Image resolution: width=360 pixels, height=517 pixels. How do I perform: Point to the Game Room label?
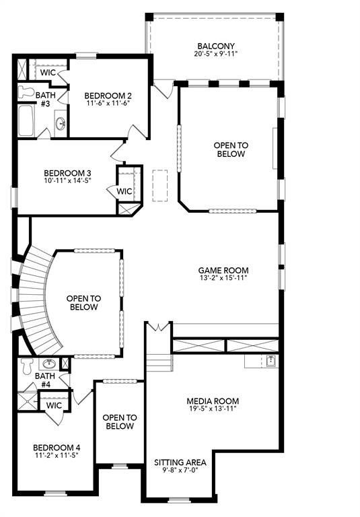pos(219,270)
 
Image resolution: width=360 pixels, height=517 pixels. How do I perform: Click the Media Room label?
pos(213,401)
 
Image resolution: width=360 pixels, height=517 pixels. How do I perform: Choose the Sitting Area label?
pos(180,462)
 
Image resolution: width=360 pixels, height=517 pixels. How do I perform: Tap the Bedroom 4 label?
pos(57,447)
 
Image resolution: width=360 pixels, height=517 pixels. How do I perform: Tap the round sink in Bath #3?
pos(61,123)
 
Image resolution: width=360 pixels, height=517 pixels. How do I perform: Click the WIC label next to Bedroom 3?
pos(124,191)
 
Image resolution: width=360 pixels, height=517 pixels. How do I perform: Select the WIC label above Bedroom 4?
pos(55,405)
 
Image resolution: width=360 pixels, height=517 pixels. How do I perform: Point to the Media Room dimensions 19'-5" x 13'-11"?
pos(213,410)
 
